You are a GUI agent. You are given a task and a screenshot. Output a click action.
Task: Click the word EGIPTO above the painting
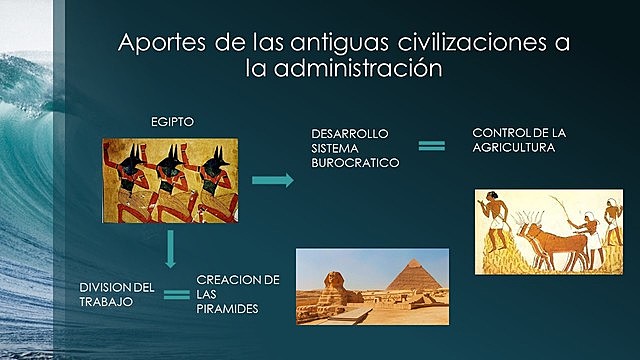[172, 121]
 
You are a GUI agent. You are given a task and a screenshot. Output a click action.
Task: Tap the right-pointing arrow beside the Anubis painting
[272, 180]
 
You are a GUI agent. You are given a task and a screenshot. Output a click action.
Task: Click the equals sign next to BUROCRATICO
[431, 146]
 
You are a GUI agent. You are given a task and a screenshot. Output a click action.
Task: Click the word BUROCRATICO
[354, 160]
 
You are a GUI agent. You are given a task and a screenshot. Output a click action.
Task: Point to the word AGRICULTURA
[514, 147]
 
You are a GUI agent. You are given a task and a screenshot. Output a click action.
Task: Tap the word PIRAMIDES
[227, 309]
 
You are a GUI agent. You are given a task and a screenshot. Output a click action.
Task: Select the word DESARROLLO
[349, 132]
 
